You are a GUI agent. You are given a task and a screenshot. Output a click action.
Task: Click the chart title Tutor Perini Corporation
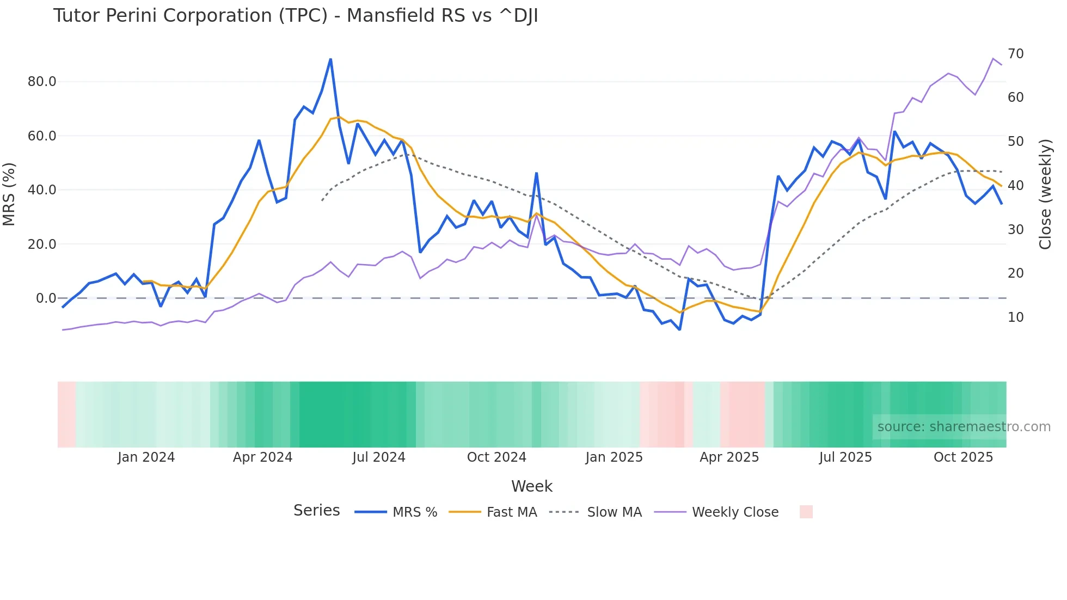295,16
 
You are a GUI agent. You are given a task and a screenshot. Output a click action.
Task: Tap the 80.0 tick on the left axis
42,82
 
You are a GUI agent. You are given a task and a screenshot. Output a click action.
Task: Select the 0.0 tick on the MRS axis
46,298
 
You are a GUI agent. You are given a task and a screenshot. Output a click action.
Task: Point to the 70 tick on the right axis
1015,54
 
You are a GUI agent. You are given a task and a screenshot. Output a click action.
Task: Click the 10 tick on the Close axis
1015,317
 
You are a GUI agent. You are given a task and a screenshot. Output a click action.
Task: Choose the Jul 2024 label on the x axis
379,457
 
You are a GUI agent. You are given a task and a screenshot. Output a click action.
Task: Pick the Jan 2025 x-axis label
614,457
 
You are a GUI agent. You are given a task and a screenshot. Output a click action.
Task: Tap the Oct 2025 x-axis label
963,457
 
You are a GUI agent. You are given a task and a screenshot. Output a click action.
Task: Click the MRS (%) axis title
9,194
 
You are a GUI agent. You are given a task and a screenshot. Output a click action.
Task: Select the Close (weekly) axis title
1045,194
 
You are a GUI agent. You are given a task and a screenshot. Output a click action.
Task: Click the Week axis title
532,486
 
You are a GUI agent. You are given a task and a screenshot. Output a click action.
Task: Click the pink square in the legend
806,512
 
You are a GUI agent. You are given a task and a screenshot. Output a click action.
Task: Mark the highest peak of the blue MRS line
330,59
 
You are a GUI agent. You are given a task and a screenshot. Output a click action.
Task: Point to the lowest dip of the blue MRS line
679,329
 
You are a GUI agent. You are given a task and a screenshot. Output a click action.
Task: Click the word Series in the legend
316,511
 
